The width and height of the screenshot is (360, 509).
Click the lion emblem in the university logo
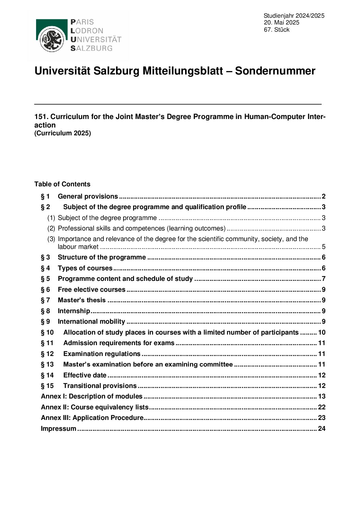52,40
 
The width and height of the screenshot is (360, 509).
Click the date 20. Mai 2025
281,22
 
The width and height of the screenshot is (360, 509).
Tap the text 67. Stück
276,30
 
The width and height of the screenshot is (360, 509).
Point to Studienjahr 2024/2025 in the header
294,16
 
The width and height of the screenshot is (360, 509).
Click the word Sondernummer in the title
275,71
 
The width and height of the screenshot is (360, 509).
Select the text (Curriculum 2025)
63,133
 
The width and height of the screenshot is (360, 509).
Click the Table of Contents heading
62,184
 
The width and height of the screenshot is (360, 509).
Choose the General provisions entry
88,197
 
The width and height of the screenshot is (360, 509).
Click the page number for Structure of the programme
324,257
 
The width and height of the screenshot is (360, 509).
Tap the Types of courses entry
85,268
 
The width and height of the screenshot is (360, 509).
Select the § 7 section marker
45,300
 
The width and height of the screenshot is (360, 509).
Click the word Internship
74,311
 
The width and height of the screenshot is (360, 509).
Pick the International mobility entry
91,322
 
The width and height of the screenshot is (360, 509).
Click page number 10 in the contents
322,333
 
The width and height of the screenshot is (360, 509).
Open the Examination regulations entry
102,354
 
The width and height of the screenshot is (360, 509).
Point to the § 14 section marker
47,375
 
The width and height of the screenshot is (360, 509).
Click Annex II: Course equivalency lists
95,407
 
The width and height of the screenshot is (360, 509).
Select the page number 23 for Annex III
322,418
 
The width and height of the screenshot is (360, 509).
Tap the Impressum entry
59,429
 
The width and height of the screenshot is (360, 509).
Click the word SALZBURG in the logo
91,48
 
